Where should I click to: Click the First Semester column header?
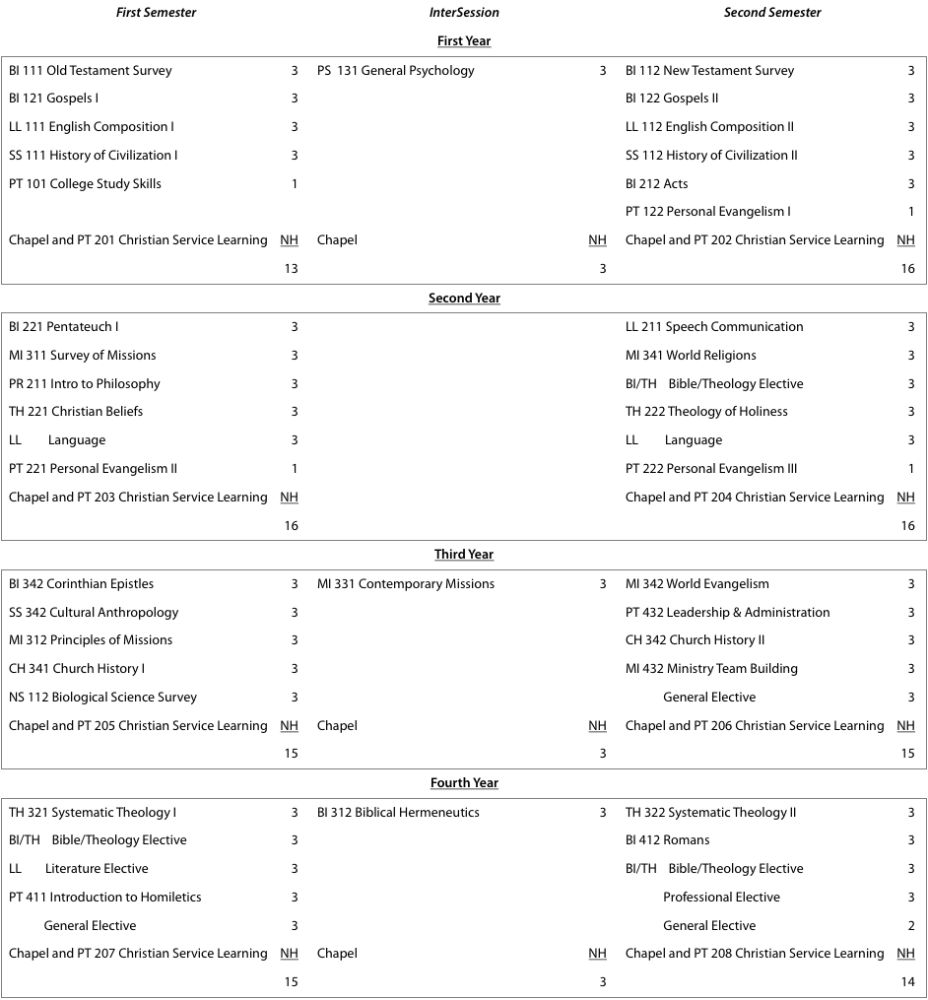pos(156,13)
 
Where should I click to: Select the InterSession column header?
pos(464,13)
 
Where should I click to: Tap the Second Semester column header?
pos(772,13)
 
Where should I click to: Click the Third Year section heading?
pos(464,555)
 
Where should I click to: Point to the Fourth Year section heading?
pos(464,783)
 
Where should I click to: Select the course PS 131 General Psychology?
pos(395,71)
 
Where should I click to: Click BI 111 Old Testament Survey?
pos(90,71)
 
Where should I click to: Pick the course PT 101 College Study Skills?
pos(85,184)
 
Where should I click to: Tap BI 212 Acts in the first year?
pos(657,184)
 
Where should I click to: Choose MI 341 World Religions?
pos(691,356)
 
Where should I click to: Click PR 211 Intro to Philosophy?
pos(84,384)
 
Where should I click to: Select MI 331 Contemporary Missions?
pos(405,584)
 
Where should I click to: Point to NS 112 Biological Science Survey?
pos(102,698)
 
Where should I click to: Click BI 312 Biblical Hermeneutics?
pos(398,813)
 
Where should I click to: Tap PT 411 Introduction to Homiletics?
pos(104,898)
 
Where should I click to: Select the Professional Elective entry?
pos(721,898)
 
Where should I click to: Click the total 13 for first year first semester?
pos(291,269)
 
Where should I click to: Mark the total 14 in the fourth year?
pos(907,982)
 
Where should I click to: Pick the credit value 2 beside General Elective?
pos(910,926)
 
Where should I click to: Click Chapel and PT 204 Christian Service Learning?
pos(754,498)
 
